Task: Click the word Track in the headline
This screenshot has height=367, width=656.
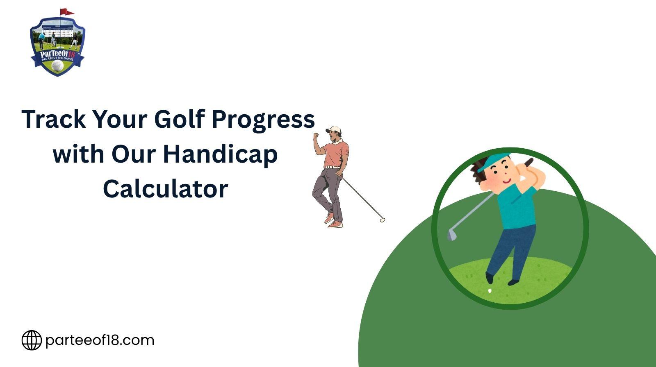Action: coord(54,119)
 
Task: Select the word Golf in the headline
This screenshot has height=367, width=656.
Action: coord(179,119)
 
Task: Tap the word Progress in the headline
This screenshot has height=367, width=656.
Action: coord(263,120)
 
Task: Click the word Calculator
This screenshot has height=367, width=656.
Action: coord(166,189)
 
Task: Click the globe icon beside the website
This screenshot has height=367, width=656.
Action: coord(32,340)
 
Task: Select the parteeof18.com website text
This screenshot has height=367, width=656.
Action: coord(100,340)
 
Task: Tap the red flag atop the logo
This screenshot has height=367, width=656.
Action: coord(66,12)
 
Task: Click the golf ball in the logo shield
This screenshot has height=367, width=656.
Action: coord(57,66)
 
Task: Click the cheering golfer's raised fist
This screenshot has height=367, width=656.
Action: coord(316,136)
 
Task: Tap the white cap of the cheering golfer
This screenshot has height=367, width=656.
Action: coord(334,129)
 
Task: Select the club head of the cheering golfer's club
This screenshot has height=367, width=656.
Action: coord(382,220)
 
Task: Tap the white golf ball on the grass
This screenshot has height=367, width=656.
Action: coord(490,291)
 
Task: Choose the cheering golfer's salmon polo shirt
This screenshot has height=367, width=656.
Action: coord(337,154)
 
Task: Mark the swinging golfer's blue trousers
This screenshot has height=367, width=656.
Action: coord(511,251)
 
